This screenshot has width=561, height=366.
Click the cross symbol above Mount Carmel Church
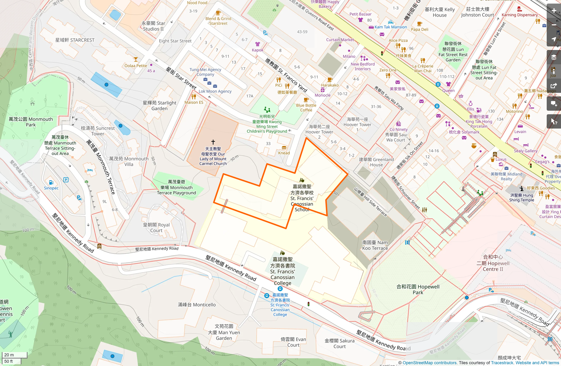[x=213, y=142]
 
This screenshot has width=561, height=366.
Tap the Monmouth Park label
[x=31, y=122]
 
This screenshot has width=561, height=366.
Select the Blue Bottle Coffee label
[x=306, y=107]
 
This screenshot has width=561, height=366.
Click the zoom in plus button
[x=554, y=11]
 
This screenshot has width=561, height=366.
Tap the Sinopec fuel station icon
[x=51, y=182]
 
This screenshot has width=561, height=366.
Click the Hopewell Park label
[x=418, y=289]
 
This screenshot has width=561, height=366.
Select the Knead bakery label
[x=284, y=153]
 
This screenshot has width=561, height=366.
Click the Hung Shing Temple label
[x=521, y=198]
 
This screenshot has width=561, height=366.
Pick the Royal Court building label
[x=156, y=228]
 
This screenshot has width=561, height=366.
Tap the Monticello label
[x=197, y=305]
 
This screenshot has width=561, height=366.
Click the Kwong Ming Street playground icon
[x=267, y=110]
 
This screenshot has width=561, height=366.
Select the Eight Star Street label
[x=175, y=41]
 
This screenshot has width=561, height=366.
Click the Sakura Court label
[x=339, y=343]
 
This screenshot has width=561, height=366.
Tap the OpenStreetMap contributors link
[x=429, y=363]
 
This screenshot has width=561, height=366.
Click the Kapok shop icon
[x=258, y=44]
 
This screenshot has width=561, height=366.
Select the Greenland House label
[x=376, y=162]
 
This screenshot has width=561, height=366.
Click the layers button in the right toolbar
[x=554, y=57]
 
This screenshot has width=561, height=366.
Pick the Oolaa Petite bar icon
[x=136, y=60]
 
